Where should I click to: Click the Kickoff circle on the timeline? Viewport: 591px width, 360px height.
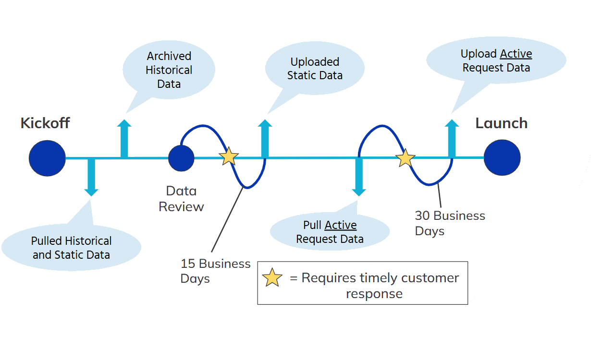point(47,158)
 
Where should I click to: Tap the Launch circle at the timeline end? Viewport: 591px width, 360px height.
point(502,157)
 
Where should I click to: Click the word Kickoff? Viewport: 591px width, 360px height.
point(45,123)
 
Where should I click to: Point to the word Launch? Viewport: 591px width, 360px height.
point(501,123)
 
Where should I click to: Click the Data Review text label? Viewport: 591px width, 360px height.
point(181,199)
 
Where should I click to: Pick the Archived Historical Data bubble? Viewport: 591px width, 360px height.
point(169,70)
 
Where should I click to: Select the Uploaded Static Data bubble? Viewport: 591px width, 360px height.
point(315,69)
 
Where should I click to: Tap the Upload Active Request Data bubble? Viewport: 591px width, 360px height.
point(496,60)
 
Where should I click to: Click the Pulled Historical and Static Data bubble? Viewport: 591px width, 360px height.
point(71,248)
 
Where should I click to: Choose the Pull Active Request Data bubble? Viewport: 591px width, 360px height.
point(330,232)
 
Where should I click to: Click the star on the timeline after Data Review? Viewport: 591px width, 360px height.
point(229,156)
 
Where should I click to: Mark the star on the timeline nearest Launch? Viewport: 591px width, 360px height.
point(406,158)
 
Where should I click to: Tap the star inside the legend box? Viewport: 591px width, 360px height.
point(272,278)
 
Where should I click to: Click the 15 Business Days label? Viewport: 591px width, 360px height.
point(215,271)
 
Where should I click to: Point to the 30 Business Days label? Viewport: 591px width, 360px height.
point(450,223)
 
